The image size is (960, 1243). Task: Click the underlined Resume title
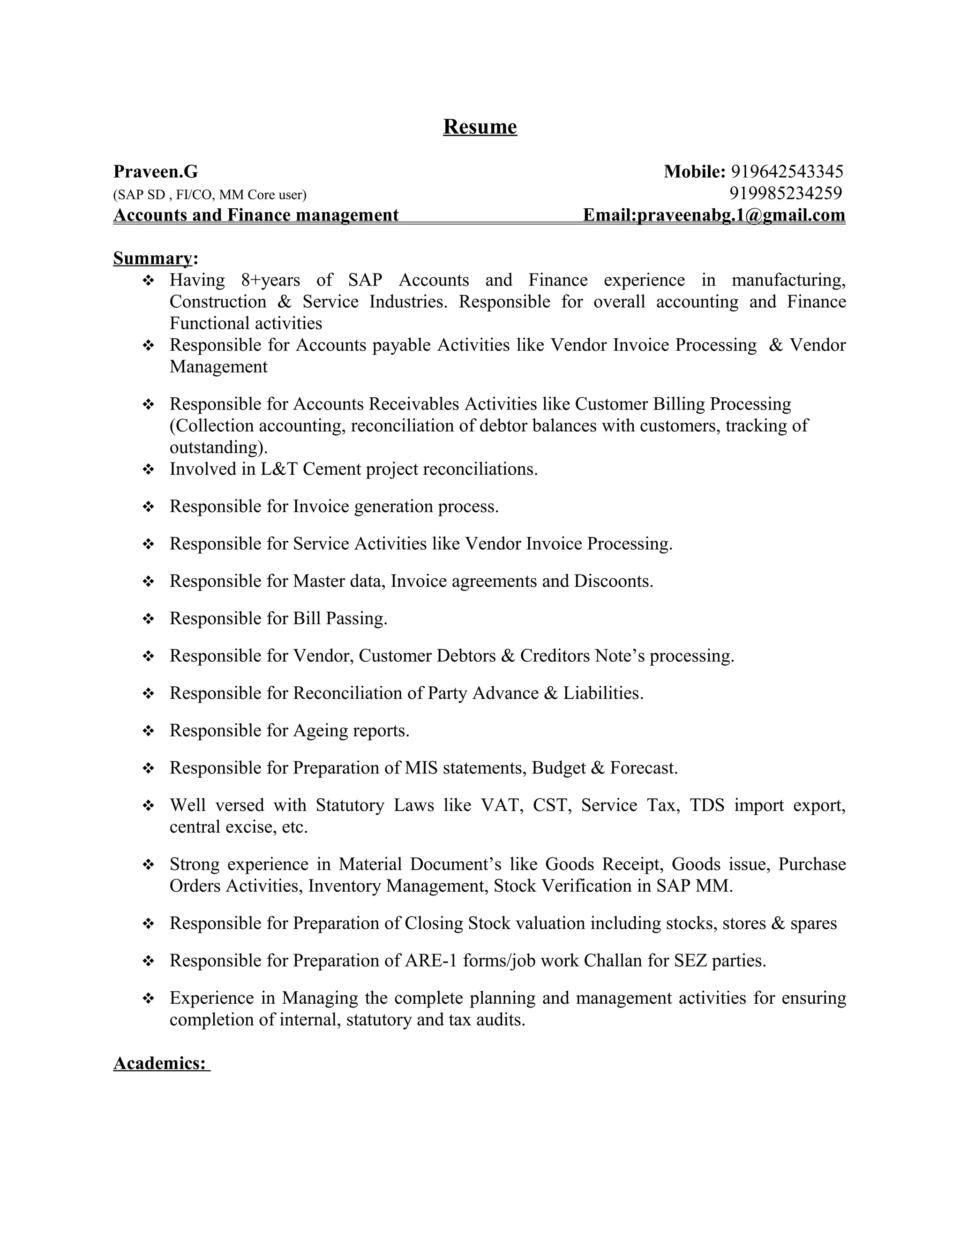pyautogui.click(x=480, y=126)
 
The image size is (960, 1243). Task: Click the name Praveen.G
pyautogui.click(x=156, y=171)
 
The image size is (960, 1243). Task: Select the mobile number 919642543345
pyautogui.click(x=787, y=171)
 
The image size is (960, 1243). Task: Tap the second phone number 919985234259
pyautogui.click(x=786, y=194)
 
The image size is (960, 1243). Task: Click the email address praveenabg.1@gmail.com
pyautogui.click(x=741, y=215)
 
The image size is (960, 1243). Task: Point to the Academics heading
pyautogui.click(x=160, y=1063)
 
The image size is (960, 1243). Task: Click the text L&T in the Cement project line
pyautogui.click(x=279, y=469)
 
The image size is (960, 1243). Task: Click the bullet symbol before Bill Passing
pyautogui.click(x=149, y=619)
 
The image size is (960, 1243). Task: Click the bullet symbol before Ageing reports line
pyautogui.click(x=149, y=731)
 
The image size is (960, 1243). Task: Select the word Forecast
pyautogui.click(x=643, y=768)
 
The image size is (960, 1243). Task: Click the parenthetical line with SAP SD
pyautogui.click(x=210, y=195)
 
